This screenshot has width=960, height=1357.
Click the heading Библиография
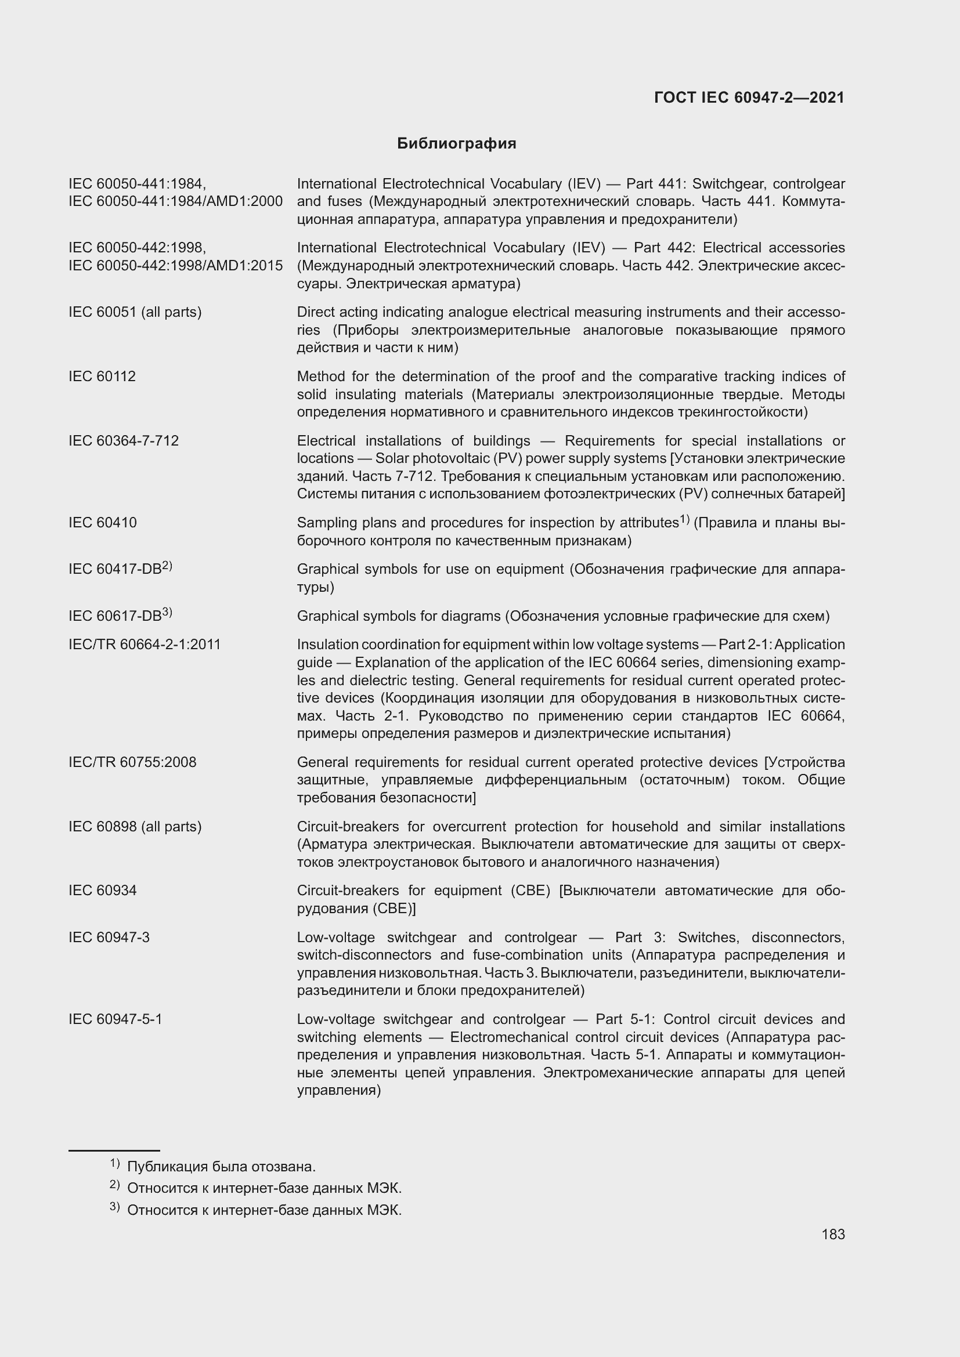pyautogui.click(x=456, y=144)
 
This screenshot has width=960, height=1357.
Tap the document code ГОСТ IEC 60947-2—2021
pyautogui.click(x=749, y=98)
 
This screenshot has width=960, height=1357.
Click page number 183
pyautogui.click(x=833, y=1234)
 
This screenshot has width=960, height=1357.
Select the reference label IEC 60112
pyautogui.click(x=102, y=377)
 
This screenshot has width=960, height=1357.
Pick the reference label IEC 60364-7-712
pyautogui.click(x=124, y=441)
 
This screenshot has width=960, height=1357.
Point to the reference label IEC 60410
pyautogui.click(x=103, y=523)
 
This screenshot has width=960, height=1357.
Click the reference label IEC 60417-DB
pyautogui.click(x=116, y=569)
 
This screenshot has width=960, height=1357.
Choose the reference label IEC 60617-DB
pyautogui.click(x=116, y=616)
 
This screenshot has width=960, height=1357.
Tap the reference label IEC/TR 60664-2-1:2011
pyautogui.click(x=145, y=644)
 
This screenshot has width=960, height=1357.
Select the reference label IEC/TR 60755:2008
pyautogui.click(x=132, y=762)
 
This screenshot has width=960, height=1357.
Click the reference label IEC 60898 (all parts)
pyautogui.click(x=135, y=826)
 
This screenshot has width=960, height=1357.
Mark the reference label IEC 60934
pyautogui.click(x=103, y=890)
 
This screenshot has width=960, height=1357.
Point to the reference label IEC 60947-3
pyautogui.click(x=109, y=938)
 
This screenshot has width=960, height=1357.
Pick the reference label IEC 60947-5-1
pyautogui.click(x=116, y=1019)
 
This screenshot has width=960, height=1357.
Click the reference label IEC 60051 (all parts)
pyautogui.click(x=135, y=312)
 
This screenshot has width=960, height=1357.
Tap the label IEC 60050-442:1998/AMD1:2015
pyautogui.click(x=175, y=266)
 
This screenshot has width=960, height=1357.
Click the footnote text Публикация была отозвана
pyautogui.click(x=221, y=1167)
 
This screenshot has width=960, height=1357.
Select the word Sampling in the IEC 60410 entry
pyautogui.click(x=324, y=523)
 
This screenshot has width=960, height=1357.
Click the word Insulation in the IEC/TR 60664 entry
pyautogui.click(x=327, y=644)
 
